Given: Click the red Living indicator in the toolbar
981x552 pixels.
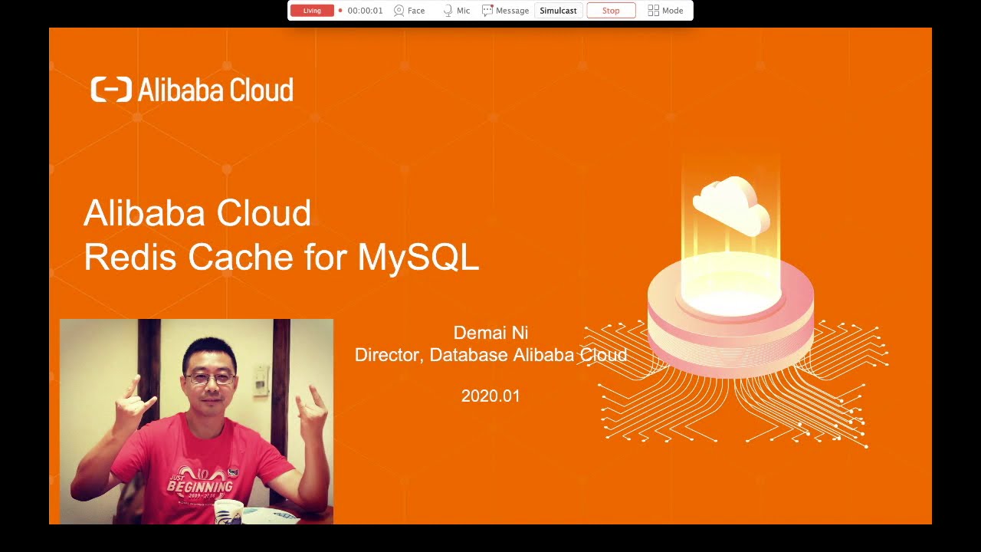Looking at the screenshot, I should (x=312, y=11).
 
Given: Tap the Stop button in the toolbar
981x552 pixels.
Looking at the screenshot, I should (x=611, y=11).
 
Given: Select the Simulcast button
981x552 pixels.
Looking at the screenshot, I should (x=558, y=11).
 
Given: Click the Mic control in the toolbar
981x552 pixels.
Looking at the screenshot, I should (x=457, y=11).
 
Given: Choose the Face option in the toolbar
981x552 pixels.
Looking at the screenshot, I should (x=409, y=11).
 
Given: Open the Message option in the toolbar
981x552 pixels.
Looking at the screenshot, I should (x=506, y=11).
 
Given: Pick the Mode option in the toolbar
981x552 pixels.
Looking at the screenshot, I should (x=665, y=11).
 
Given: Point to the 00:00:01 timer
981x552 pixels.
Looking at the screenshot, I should (x=365, y=11).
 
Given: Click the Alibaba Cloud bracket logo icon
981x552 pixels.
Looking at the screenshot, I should (x=111, y=90).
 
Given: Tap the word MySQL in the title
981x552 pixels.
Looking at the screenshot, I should (x=418, y=257).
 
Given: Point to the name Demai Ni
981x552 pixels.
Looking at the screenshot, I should (x=490, y=333).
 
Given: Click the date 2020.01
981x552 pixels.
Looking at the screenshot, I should (x=490, y=396).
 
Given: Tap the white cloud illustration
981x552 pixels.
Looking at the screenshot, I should (x=731, y=204).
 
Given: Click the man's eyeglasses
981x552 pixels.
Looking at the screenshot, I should (x=209, y=379).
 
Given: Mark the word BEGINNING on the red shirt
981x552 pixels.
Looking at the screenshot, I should (x=199, y=486).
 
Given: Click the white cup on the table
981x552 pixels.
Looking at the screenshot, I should (x=228, y=511).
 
